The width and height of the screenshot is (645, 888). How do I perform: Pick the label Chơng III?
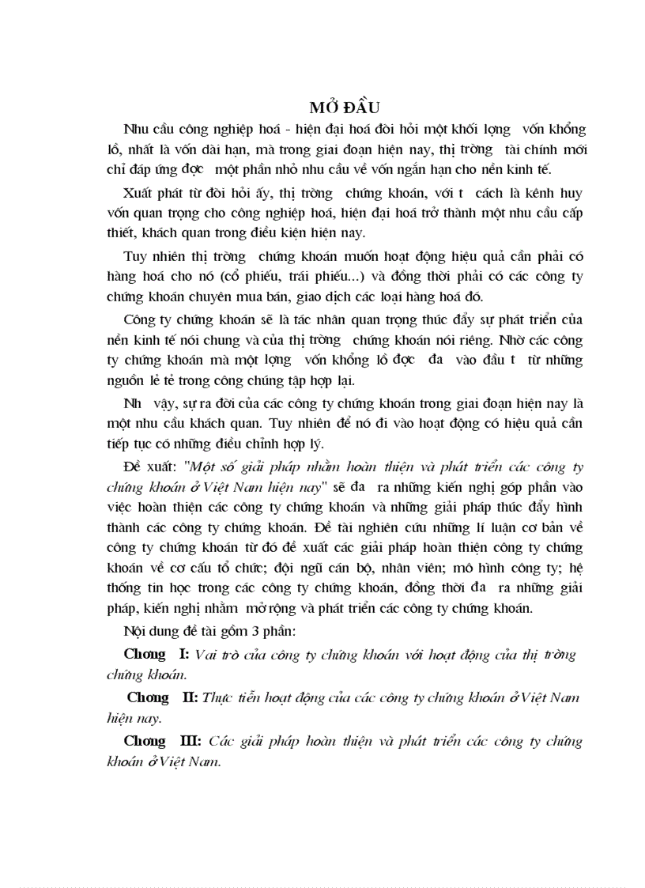pyautogui.click(x=164, y=741)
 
